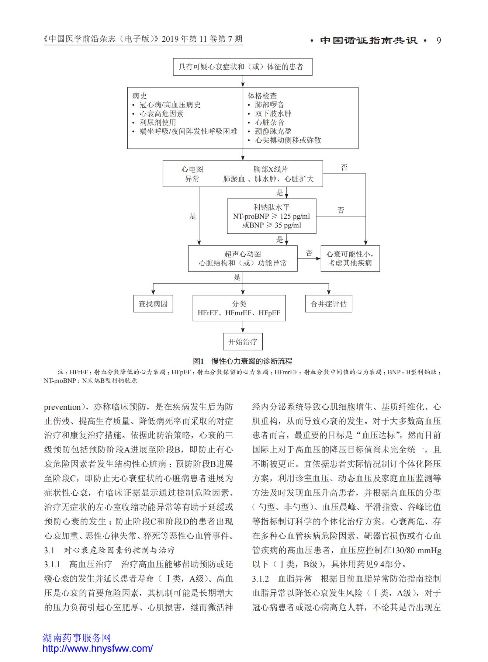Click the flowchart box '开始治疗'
(242, 342)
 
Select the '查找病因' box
(153, 304)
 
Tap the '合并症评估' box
(329, 304)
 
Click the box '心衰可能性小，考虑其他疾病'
(350, 259)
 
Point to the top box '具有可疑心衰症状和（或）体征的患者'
(243, 67)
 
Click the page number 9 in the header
(439, 40)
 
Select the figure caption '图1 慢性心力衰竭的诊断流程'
(242, 361)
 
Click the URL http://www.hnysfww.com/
(97, 648)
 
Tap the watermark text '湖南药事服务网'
(77, 638)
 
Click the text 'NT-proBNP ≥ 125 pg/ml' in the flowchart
(271, 216)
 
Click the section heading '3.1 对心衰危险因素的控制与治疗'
(109, 550)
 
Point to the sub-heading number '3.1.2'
(260, 579)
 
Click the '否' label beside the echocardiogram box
(309, 253)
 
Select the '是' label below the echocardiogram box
(237, 277)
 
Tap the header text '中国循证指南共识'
(369, 40)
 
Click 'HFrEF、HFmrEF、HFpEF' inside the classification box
(239, 313)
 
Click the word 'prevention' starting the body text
(62, 407)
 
